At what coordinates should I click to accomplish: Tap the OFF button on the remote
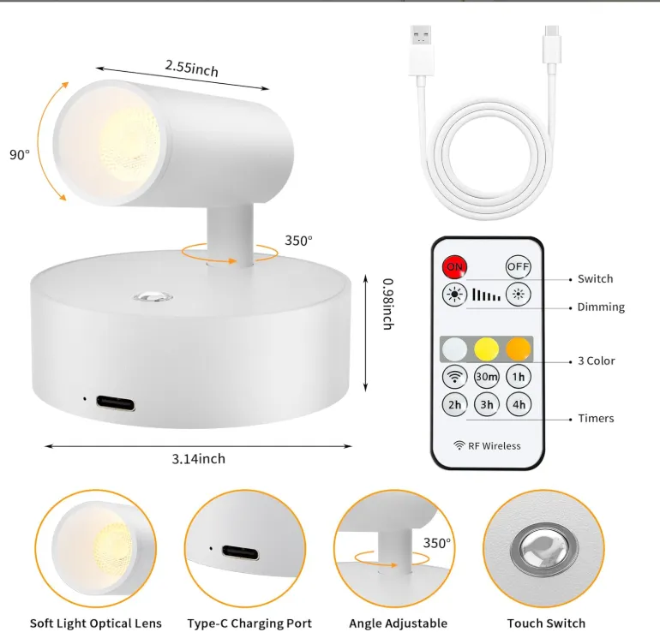pos(519,266)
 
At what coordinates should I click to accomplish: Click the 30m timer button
pos(487,377)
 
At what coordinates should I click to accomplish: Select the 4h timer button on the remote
pos(519,405)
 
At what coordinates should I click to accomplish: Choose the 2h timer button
pos(454,405)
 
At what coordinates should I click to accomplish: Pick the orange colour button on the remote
pos(519,349)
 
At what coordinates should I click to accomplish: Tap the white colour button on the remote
pos(454,349)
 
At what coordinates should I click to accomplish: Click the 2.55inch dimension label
pos(191,69)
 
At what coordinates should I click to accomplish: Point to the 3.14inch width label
pos(198,458)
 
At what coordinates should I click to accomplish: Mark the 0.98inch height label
pos(388,304)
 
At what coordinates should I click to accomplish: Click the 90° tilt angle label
pos(20,155)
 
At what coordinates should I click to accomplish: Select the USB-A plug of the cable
pos(421,51)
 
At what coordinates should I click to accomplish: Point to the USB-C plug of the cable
pos(552,45)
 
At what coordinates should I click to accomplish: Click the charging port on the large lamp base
pos(116,403)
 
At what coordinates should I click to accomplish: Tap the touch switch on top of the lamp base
pos(153,296)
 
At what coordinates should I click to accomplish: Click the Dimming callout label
pos(601,307)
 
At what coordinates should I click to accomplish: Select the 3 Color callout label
pos(596,361)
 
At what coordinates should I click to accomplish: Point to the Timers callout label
pos(596,418)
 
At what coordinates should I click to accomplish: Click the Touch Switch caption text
pos(546,623)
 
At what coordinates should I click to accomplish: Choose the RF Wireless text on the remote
pos(495,446)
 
